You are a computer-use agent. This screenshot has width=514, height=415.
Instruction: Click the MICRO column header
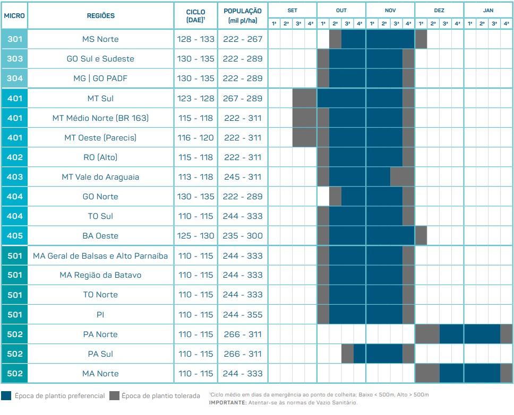14,16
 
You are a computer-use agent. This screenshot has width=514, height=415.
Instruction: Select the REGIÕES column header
100,16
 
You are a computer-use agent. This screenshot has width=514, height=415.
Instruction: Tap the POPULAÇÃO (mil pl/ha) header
243,15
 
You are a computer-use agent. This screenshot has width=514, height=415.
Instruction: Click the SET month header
293,10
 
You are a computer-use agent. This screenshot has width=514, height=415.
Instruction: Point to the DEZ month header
439,10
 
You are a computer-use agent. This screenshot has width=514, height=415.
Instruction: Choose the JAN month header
488,10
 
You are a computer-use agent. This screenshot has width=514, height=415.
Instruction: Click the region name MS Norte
100,39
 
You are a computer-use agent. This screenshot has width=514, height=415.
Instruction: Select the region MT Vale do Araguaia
100,177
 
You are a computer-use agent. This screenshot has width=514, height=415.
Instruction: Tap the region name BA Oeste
100,236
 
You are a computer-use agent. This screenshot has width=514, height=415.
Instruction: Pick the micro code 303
14,59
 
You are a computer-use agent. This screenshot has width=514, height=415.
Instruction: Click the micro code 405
14,236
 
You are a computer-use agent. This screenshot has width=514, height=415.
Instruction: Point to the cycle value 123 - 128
196,99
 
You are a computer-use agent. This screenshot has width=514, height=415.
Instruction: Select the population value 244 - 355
243,315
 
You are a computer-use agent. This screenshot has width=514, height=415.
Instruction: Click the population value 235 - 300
243,236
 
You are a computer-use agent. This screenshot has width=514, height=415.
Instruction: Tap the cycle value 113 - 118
196,177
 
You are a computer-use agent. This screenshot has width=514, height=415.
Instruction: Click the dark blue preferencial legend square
6,395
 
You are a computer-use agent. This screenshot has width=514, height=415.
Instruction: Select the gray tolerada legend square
114,395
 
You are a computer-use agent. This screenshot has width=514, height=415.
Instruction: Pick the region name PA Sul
100,354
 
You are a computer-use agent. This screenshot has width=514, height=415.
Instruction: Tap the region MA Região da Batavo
100,275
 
